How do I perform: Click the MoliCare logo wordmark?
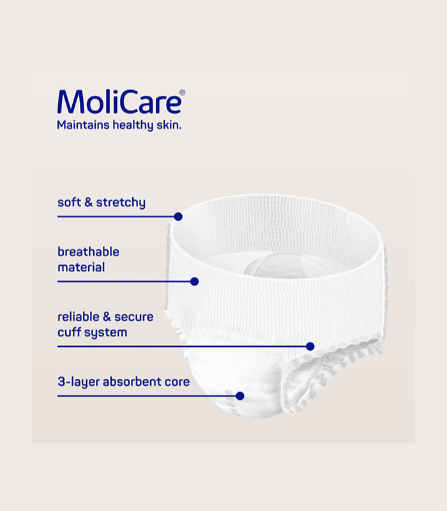(119, 102)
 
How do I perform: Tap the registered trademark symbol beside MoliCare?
(183, 93)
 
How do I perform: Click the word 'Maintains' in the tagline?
(83, 125)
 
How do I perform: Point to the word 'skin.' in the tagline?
(169, 125)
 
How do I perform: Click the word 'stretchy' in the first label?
(121, 202)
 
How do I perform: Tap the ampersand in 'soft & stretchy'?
(88, 202)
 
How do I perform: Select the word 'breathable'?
(88, 252)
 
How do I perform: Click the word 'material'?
(81, 267)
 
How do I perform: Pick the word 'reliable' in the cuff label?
(78, 316)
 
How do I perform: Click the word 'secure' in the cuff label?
(133, 317)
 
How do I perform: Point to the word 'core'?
(177, 382)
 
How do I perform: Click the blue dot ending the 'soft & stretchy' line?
(178, 217)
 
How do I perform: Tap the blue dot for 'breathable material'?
(195, 282)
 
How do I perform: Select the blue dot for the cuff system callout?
(310, 346)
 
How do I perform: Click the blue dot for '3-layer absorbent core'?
(240, 396)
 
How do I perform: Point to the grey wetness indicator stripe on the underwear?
(232, 402)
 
